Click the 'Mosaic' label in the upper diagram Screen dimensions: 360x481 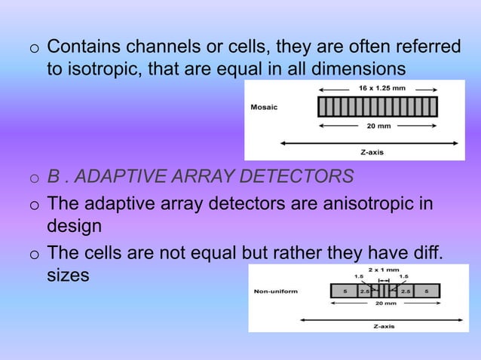tap(264, 107)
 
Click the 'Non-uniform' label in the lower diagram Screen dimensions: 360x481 tap(276, 291)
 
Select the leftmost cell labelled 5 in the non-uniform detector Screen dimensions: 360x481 tap(344, 291)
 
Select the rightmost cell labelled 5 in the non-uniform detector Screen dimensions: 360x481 tap(427, 291)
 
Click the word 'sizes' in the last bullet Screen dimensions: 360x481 tap(68, 275)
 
